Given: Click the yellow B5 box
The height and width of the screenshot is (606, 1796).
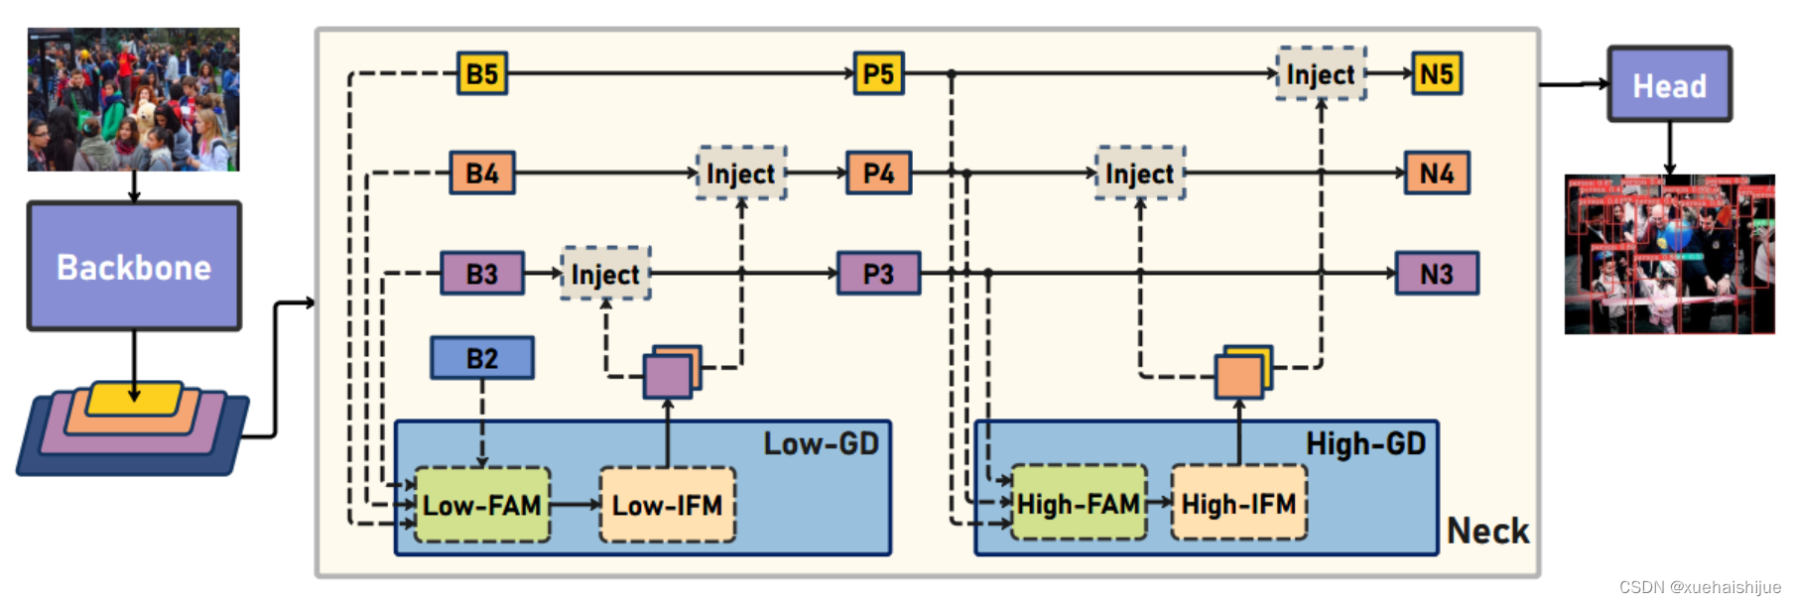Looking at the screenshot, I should tap(482, 73).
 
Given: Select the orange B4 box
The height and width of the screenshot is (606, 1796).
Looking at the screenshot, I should tap(482, 174).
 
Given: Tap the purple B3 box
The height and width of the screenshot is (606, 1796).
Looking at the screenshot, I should tap(482, 274).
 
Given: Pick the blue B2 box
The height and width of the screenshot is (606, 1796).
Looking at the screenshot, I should tap(482, 358).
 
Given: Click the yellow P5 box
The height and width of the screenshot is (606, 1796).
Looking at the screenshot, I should tap(878, 73).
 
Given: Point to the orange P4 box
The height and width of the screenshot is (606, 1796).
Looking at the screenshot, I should tap(878, 174).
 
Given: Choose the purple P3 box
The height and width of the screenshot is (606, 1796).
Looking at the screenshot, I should tap(878, 274).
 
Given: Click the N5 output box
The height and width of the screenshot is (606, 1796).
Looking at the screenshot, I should tap(1437, 73).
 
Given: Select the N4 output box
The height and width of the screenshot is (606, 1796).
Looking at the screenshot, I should tap(1437, 174).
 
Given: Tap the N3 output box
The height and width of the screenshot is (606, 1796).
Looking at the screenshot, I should tap(1437, 274).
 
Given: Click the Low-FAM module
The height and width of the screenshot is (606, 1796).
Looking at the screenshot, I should tap(482, 505).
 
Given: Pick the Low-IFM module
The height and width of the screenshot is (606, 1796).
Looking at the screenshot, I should tap(667, 505).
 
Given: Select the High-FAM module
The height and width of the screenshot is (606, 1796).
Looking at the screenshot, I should tap(1079, 504).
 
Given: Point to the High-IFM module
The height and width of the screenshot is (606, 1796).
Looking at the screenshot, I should tap(1238, 504).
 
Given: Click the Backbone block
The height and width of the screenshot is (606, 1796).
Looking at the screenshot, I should tap(134, 266).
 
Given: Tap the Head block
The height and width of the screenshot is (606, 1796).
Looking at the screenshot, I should tap(1670, 85).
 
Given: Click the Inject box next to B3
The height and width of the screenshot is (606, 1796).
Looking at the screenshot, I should tap(605, 274).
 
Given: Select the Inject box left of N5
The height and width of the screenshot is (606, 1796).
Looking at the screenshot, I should tap(1321, 73).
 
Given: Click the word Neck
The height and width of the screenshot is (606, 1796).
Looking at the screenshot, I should tap(1487, 531).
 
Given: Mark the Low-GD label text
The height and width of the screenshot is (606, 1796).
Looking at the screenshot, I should tap(821, 443).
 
